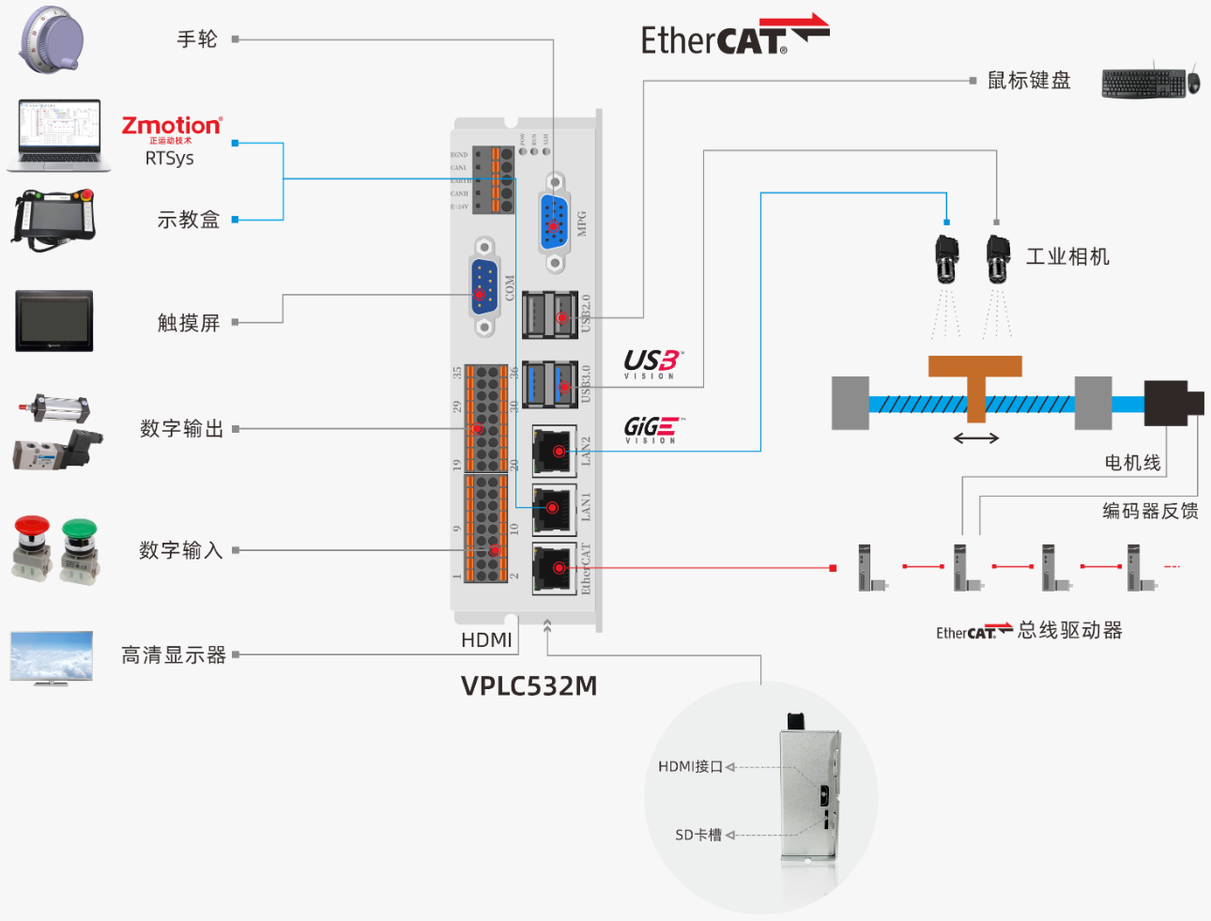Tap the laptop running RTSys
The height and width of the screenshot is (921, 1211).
coord(58,135)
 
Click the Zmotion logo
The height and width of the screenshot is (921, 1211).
coord(172,128)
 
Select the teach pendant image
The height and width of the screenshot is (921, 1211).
coord(54,219)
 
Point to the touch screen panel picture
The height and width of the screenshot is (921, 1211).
coord(54,321)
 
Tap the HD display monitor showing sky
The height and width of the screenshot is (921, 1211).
coord(52,657)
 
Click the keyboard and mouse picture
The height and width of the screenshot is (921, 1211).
coord(1150,82)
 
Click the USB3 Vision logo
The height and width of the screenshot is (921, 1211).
coord(651,363)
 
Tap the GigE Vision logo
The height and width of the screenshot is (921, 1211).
coord(652,430)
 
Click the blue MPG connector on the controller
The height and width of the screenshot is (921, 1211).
coord(554,223)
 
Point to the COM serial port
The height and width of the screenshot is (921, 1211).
coord(483,286)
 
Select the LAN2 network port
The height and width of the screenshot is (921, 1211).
coord(555,451)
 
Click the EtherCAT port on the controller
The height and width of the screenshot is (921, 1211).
coord(555,568)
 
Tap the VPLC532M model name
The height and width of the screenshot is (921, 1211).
coord(529,686)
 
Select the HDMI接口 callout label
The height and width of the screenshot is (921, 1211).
coord(690,767)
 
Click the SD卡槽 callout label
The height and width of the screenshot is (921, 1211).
coord(698,835)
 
